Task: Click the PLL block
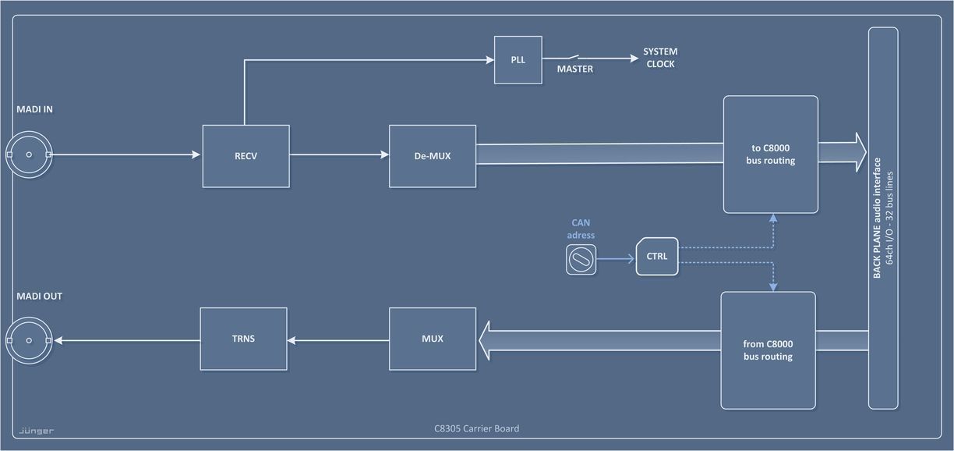pos(518,60)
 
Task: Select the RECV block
pos(246,156)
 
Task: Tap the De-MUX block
pos(432,156)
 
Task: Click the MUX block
pos(432,339)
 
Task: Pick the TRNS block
pos(243,339)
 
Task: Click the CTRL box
pos(657,256)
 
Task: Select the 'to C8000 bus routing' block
pos(770,154)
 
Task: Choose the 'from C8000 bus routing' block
pos(768,350)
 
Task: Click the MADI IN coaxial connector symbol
pos(29,154)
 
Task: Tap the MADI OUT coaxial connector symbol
pos(29,340)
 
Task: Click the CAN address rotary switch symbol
pos(581,260)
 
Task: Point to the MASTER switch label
pos(574,69)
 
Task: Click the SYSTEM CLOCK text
pos(660,58)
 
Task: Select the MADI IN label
pos(34,110)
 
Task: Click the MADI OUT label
pos(39,297)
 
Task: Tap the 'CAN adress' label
pos(581,229)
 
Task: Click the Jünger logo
pos(37,431)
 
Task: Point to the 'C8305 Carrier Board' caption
pos(476,428)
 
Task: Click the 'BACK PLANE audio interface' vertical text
pos(877,218)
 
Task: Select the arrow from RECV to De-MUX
pos(339,155)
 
